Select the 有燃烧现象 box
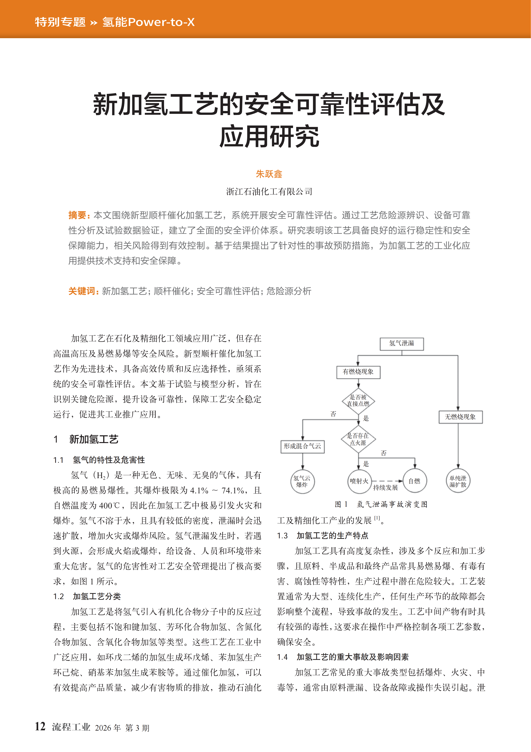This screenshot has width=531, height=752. pyautogui.click(x=358, y=372)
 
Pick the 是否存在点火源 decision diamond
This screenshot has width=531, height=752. pyautogui.click(x=358, y=439)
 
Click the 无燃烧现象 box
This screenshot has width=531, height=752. pyautogui.click(x=460, y=417)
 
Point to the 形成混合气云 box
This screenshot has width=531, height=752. pyautogui.click(x=302, y=446)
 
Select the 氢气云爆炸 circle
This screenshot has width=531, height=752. pyautogui.click(x=302, y=481)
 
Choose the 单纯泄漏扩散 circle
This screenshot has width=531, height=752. pyautogui.click(x=458, y=481)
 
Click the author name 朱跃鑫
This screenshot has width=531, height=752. pyautogui.click(x=269, y=174)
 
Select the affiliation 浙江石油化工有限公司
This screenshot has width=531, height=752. pyautogui.click(x=269, y=192)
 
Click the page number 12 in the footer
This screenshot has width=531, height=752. pyautogui.click(x=40, y=726)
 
